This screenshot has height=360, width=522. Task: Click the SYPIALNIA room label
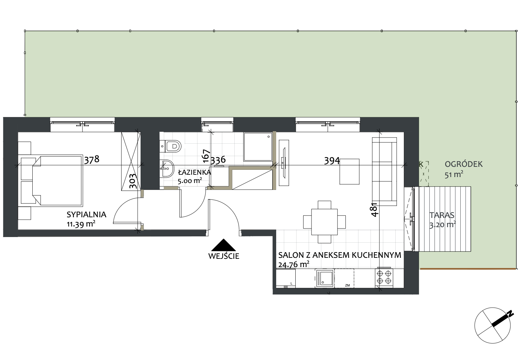[86, 215]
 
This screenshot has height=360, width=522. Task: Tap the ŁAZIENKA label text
[195, 172]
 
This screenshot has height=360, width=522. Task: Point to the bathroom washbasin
[167, 168]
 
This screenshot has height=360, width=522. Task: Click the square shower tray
[258, 147]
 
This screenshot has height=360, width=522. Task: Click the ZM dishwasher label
[347, 285]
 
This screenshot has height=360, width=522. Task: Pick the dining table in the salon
[324, 222]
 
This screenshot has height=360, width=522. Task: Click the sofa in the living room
[384, 171]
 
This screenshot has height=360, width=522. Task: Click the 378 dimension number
[92, 160]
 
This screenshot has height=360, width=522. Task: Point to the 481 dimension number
[374, 210]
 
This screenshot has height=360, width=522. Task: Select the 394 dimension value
[332, 161]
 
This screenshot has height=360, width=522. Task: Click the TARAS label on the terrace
[442, 215]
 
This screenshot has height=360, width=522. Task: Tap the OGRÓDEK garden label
[464, 164]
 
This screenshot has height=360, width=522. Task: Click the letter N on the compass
[510, 314]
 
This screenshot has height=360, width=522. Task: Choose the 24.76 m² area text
[294, 264]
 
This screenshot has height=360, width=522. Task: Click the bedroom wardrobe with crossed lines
[131, 161]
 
